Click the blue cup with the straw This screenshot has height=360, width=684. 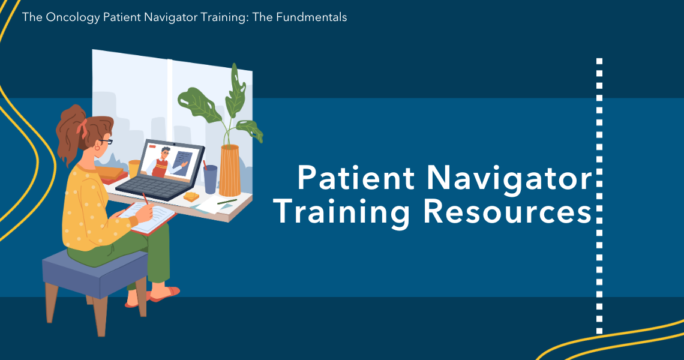tap(210, 179)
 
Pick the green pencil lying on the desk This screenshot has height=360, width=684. tap(227, 202)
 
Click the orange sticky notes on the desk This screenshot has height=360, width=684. tap(192, 196)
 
